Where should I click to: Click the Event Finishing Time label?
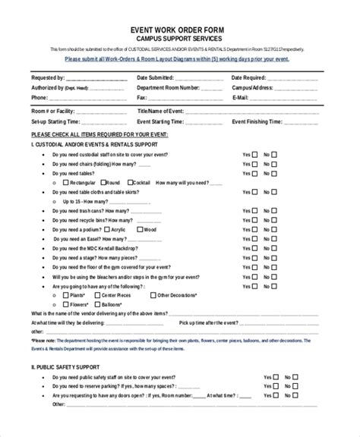259,121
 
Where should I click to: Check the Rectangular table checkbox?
65,183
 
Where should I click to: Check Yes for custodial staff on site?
254,153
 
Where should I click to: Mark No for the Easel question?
276,238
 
